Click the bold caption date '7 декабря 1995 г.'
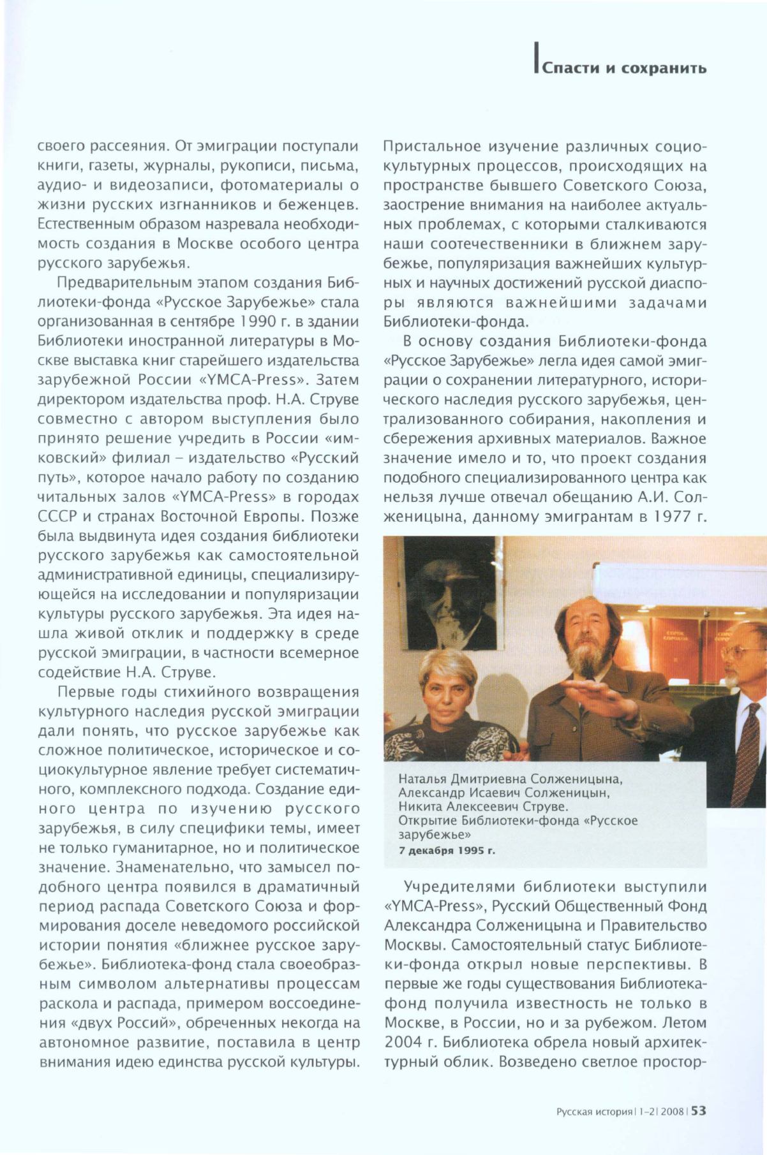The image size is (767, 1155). (447, 851)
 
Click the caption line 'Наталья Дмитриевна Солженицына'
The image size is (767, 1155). (510, 779)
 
